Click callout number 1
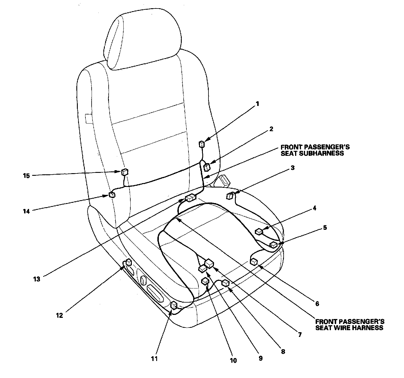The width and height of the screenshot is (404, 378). pos(257,104)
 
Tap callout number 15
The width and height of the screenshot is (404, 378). pos(26,176)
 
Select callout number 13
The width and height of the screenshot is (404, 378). pos(36,279)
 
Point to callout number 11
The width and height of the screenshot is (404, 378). pos(154,359)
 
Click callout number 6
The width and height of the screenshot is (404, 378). pos(317,304)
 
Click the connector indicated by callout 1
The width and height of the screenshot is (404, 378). pos(201,144)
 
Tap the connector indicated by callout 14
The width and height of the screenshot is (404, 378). pos(112,194)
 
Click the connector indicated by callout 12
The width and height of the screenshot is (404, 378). pos(129,262)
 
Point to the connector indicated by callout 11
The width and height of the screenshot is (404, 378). pos(174,306)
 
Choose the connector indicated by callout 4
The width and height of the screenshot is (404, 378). pos(259,232)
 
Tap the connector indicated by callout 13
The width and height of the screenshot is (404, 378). pos(191,198)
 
